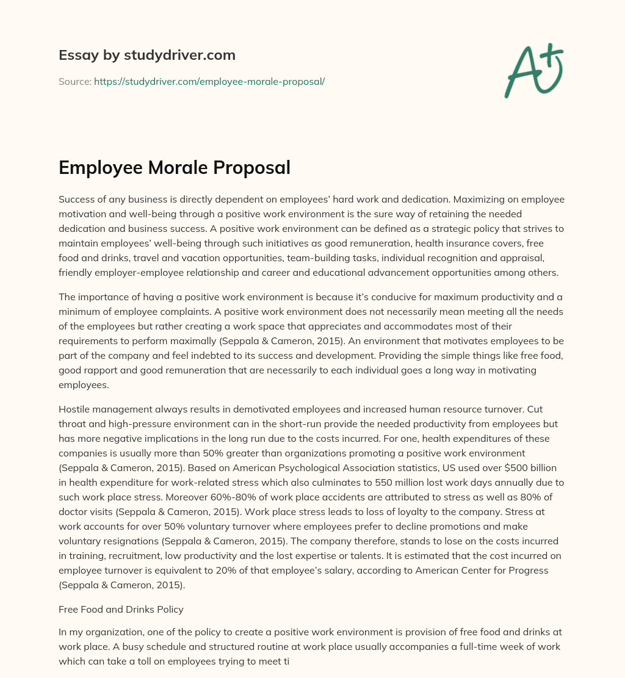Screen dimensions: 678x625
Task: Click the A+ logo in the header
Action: tap(533, 70)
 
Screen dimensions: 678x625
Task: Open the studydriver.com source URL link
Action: tap(209, 81)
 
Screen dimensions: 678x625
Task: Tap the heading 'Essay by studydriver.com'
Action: tap(146, 55)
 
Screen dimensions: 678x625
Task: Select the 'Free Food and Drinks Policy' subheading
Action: tap(121, 608)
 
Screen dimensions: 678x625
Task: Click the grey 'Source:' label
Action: tap(74, 81)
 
